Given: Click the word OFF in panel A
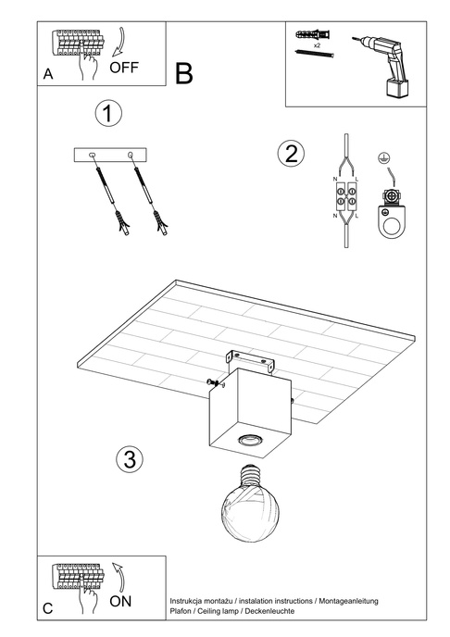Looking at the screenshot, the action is point(124,68).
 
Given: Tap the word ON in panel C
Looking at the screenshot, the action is point(120,601).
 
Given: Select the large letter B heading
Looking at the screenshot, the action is point(183,73).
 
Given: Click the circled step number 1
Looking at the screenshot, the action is point(108,113).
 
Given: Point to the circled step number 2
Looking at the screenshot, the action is point(291,154).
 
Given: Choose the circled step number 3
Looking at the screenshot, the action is point(130,459).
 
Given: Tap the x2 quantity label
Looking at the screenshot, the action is point(317,45).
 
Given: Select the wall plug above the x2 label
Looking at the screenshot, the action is point(313,34).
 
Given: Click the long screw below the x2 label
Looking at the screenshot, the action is point(316,53).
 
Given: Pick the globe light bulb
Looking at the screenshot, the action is point(249,504).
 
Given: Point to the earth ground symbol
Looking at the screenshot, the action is point(381,158).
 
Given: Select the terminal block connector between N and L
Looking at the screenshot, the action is point(345,196).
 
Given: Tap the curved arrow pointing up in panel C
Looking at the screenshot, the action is point(119,577).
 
